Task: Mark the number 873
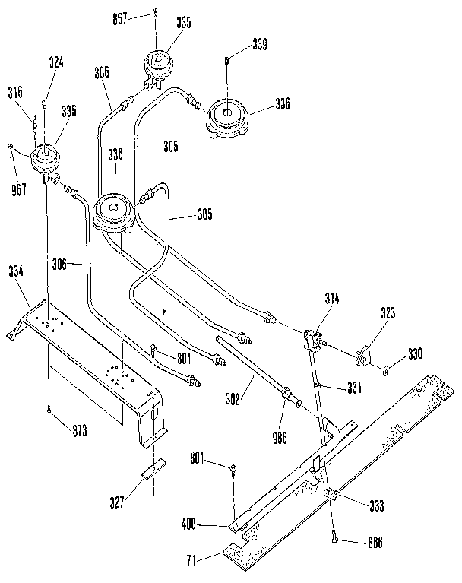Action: coord(79,431)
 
